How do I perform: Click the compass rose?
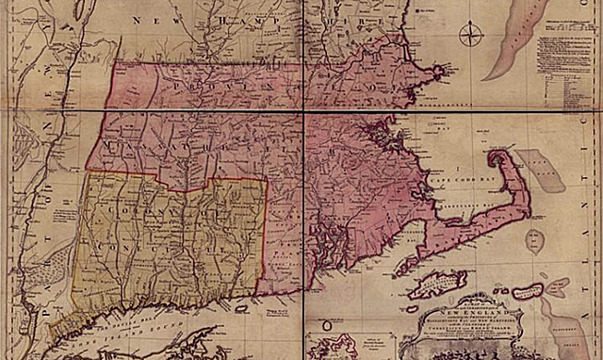pos(470,36)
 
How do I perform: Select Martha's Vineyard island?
pos(436,282)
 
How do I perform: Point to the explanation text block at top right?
pos(569,75)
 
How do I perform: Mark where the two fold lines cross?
pos(304,110)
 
